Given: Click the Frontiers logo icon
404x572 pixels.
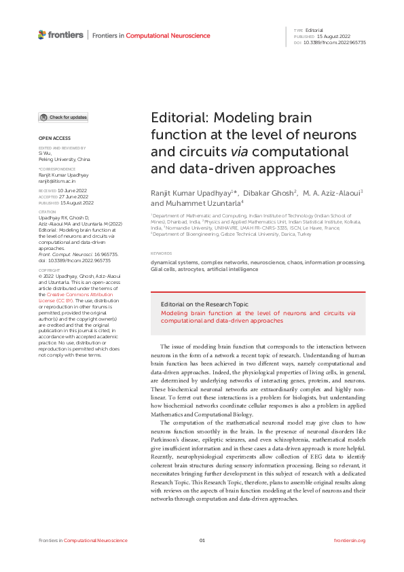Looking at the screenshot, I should (42, 34).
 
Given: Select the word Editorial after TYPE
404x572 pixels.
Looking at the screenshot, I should (314, 31).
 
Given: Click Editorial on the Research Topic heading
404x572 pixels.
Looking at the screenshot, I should (204, 304).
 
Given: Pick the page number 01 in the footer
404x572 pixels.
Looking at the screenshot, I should (202, 540).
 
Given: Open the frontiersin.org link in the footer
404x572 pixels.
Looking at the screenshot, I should (350, 540).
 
